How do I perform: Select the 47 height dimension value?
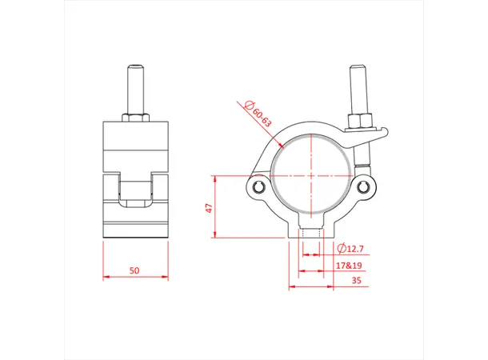tap(209, 207)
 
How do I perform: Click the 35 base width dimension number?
tap(355, 280)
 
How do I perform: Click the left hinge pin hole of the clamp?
tap(258, 187)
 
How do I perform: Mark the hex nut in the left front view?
tap(135, 118)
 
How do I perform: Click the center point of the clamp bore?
tap(311, 176)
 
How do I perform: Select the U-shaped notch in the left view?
tap(135, 190)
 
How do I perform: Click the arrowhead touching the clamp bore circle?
tap(281, 145)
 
